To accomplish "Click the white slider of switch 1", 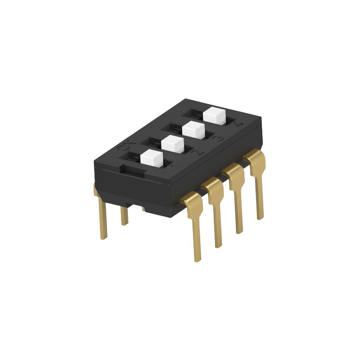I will pos(151,158).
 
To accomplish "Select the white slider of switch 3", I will pos(193,129).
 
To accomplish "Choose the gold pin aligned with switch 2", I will pos(216,211).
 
